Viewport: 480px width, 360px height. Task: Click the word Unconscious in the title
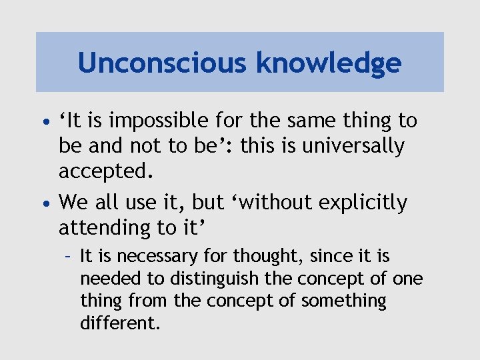163,63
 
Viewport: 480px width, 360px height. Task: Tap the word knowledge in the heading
329,63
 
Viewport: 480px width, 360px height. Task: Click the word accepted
106,172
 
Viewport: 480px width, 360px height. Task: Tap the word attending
105,228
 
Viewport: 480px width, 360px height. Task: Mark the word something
343,301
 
